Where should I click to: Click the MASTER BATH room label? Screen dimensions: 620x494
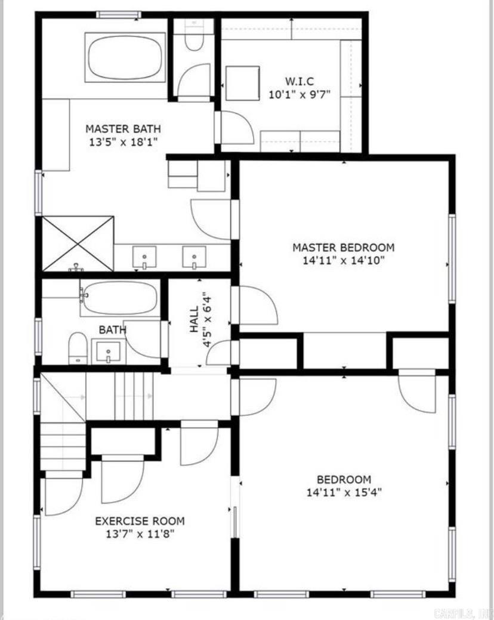[x=122, y=128]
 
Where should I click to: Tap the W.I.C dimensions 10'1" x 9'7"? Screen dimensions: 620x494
[x=299, y=94]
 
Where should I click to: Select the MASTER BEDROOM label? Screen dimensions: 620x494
[x=343, y=247]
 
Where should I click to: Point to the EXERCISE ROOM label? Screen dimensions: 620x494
[x=140, y=521]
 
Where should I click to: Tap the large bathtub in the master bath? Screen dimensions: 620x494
[x=125, y=57]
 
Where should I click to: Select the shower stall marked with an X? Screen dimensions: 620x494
[x=78, y=243]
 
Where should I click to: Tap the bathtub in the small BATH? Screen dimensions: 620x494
[x=120, y=298]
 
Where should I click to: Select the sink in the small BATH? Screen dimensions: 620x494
[x=108, y=351]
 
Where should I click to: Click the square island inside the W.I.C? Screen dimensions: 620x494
[x=243, y=83]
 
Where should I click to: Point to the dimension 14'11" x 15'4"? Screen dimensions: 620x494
[x=343, y=492]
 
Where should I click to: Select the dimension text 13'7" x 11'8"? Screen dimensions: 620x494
[x=140, y=534]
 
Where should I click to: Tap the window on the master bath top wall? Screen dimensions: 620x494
[x=119, y=14]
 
